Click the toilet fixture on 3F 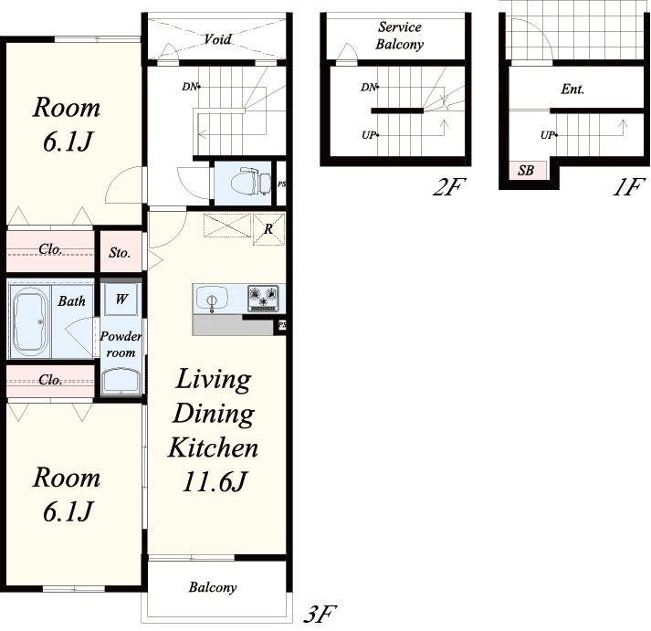coord(249,182)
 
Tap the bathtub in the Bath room coord(28,322)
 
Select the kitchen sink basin coord(212,299)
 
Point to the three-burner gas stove coord(263,298)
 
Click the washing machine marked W coord(121,299)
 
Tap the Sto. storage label coord(120,252)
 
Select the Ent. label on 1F coord(572,89)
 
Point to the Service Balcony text coord(399,36)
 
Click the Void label coord(217,39)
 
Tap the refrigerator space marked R coord(268,229)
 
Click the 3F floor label coord(320,614)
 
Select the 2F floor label coord(449,187)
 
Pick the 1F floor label coord(628,187)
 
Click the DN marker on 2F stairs coord(369,87)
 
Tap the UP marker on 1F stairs coord(549,135)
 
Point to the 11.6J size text coord(215,482)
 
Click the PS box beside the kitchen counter coord(282,325)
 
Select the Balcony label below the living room coord(213,587)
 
